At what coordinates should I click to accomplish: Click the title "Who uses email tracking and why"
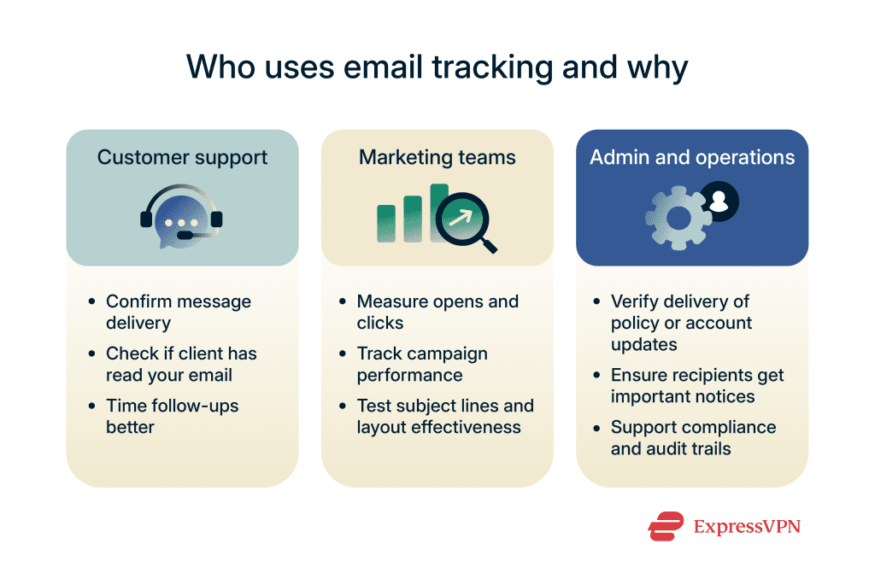[x=437, y=67]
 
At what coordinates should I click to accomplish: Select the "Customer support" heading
[x=183, y=158]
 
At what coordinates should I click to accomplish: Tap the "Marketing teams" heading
[x=437, y=157]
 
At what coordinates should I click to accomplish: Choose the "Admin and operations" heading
[x=692, y=157]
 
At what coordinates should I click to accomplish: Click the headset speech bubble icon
[x=181, y=217]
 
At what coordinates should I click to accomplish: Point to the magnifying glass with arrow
[x=466, y=222]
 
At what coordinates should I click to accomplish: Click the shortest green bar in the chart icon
[x=386, y=224]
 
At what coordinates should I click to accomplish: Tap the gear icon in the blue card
[x=678, y=218]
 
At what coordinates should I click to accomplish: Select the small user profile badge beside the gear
[x=719, y=202]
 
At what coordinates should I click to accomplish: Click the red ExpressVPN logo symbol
[x=666, y=526]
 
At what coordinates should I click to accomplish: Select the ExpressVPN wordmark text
[x=747, y=527]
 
